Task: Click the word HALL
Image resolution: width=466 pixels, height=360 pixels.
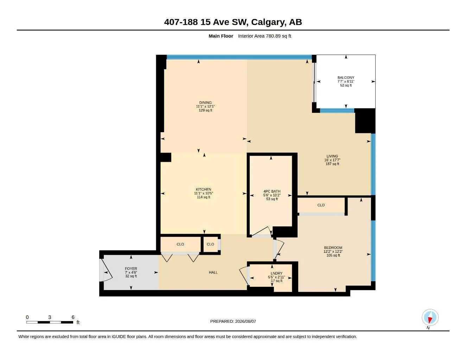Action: (213, 272)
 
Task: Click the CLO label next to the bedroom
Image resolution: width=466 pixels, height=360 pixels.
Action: (321, 205)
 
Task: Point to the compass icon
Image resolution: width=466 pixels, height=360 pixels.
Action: (430, 317)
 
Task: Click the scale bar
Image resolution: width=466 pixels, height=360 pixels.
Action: (50, 322)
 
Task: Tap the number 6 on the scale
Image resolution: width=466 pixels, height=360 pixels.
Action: (73, 317)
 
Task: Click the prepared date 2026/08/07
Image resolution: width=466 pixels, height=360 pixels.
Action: (245, 321)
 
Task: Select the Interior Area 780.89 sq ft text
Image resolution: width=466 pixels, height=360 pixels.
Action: (264, 36)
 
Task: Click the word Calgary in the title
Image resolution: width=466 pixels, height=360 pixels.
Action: (268, 22)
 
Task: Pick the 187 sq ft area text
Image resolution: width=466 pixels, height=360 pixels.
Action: (332, 164)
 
